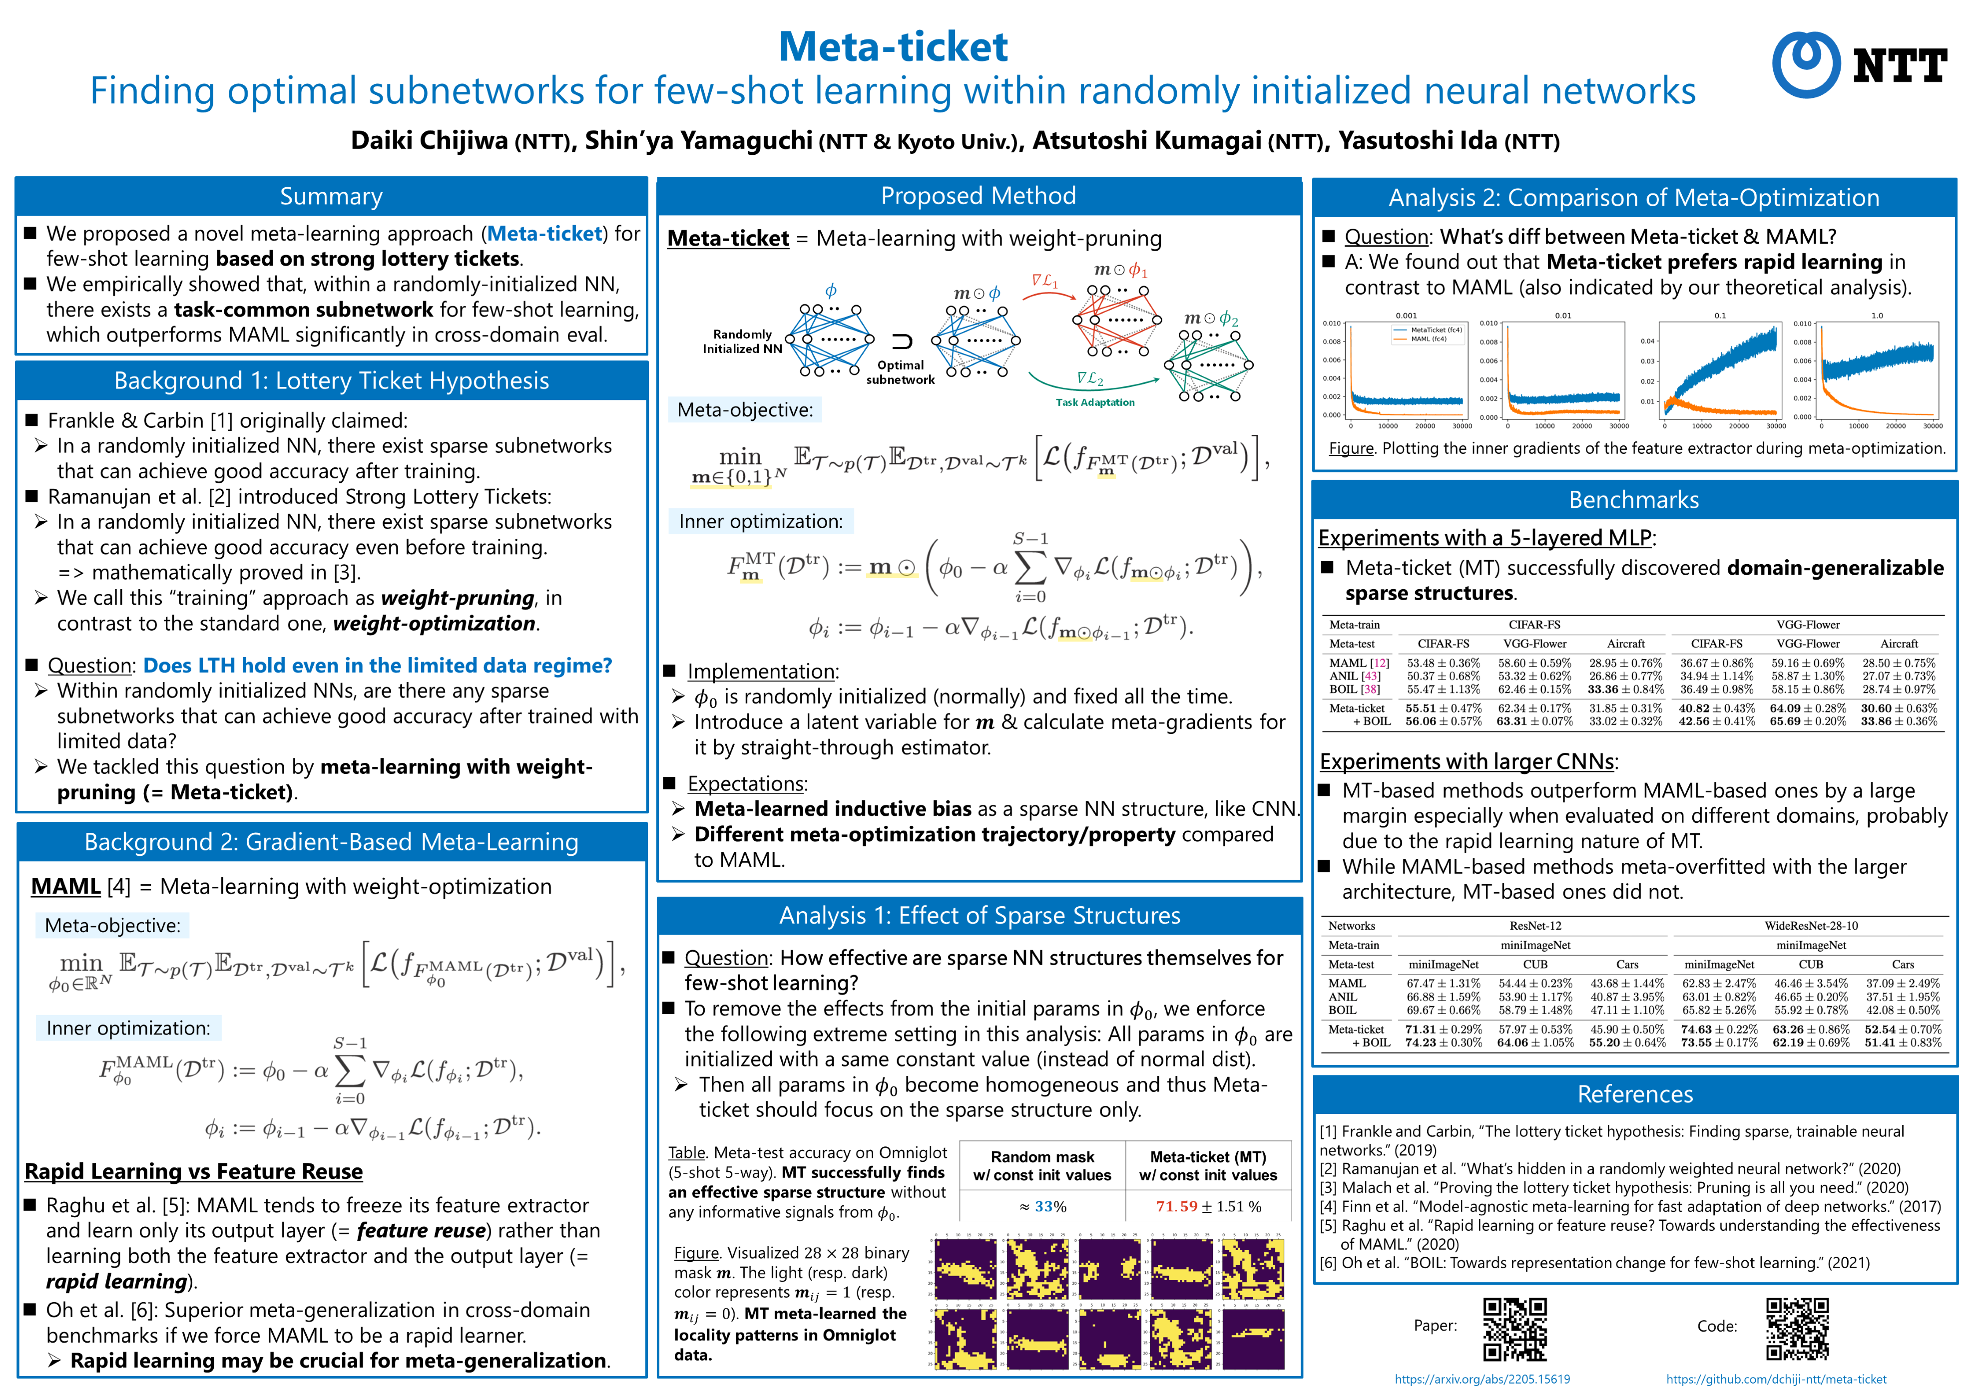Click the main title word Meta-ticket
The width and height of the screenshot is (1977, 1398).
[893, 46]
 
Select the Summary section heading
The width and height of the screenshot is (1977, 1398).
[331, 197]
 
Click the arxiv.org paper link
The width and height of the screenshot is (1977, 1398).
[1482, 1379]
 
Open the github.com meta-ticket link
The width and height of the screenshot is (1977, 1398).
[1776, 1379]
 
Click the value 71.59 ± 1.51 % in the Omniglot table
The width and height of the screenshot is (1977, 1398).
[1208, 1206]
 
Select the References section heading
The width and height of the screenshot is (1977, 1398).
[1634, 1094]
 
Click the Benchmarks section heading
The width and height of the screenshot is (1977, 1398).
[1633, 500]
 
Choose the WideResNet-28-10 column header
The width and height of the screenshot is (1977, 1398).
[1811, 925]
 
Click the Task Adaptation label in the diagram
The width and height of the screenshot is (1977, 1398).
[1095, 402]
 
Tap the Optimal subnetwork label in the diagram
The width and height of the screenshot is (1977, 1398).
[900, 372]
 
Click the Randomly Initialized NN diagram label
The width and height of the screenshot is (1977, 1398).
[742, 341]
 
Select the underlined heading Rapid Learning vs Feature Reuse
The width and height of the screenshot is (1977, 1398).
[194, 1172]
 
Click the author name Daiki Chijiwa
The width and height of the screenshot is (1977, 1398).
[429, 140]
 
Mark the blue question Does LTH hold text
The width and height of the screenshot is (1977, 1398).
[377, 666]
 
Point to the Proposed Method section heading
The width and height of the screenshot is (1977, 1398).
[978, 196]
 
